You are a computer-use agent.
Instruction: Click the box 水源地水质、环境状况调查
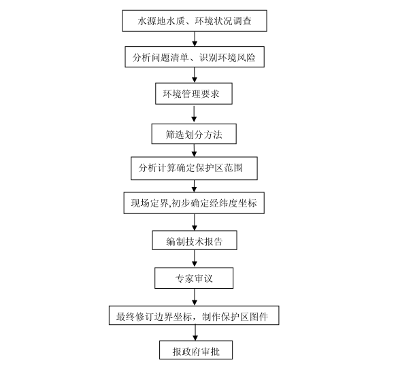195,21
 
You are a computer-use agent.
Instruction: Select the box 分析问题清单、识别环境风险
195,57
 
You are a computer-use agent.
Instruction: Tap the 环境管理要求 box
194,94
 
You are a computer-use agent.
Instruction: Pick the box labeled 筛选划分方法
194,134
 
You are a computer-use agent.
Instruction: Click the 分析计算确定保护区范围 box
194,169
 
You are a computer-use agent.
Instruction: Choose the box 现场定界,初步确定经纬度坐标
194,203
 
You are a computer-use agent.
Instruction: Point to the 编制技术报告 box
195,241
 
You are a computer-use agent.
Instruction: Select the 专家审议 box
194,278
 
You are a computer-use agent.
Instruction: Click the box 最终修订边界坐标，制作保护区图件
194,315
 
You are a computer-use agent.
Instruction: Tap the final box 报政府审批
196,350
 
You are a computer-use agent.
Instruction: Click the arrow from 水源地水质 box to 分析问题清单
195,39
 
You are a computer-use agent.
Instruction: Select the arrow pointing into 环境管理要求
195,75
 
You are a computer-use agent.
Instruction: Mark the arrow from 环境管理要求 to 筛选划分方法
194,114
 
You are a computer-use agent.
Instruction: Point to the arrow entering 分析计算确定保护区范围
194,151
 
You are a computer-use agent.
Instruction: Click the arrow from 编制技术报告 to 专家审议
195,258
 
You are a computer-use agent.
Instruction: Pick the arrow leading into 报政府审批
195,333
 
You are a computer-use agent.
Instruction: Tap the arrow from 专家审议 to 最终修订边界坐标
195,297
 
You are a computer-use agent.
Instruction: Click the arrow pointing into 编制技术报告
195,222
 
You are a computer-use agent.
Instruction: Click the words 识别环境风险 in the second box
227,58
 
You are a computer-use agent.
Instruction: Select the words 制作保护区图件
235,317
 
